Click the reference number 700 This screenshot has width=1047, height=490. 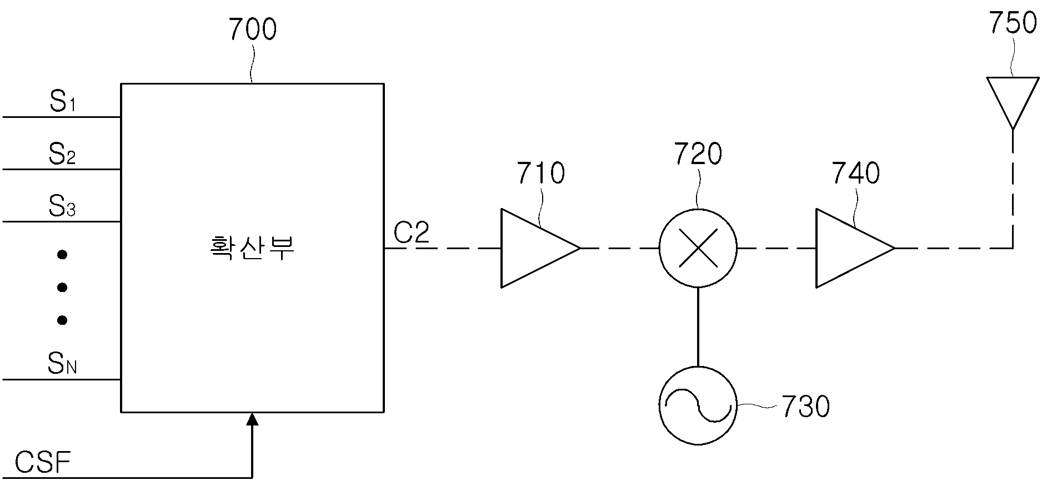[252, 30]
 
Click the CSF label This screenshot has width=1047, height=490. [43, 463]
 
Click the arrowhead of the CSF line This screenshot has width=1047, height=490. [252, 419]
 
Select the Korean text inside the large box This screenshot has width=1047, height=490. [252, 248]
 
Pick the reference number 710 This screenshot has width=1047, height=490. [540, 173]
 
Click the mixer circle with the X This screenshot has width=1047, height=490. [698, 248]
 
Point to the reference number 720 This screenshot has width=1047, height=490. [698, 154]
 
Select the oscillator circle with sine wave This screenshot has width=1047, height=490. [698, 405]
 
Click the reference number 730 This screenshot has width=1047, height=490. [805, 407]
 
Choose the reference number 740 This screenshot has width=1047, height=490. [855, 173]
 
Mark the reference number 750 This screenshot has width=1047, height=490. [1013, 23]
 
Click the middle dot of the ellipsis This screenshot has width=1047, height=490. [62, 288]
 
